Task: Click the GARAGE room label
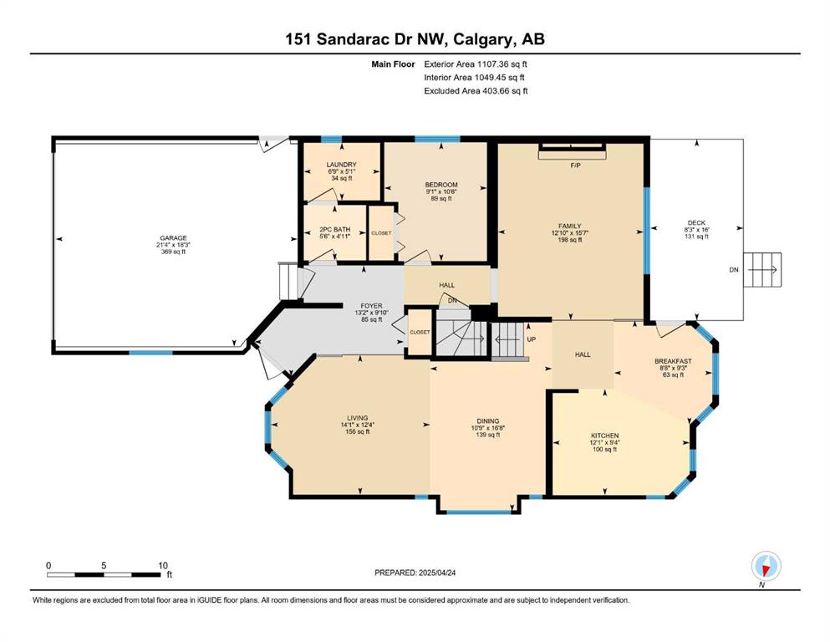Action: click(173, 238)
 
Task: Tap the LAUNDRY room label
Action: click(341, 165)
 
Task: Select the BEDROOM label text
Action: click(441, 185)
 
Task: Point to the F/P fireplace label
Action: click(575, 166)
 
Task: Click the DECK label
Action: click(696, 223)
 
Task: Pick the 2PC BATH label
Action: click(334, 230)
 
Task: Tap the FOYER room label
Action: click(371, 306)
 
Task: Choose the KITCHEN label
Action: click(604, 436)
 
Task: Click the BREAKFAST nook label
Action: click(673, 361)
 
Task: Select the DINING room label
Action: click(487, 421)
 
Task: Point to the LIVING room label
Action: click(357, 418)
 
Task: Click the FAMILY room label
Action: click(569, 226)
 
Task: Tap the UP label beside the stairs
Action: click(532, 339)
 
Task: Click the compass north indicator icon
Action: click(766, 566)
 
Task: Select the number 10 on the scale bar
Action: click(162, 565)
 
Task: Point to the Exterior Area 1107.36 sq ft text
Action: click(476, 64)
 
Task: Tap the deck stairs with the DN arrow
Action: click(761, 270)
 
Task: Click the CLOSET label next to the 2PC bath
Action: click(381, 233)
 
